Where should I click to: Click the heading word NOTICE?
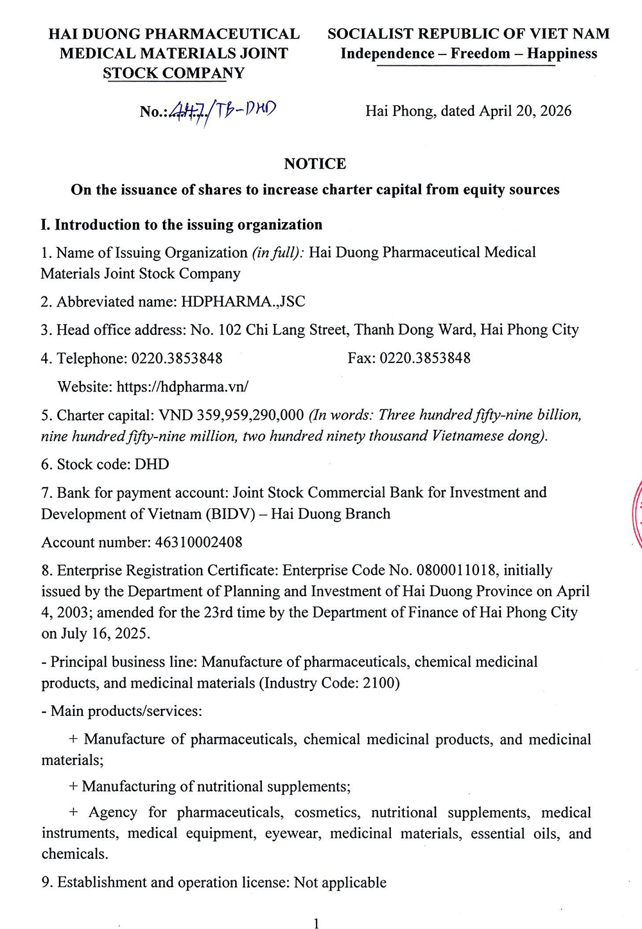(315, 164)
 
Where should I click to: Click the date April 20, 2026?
(525, 111)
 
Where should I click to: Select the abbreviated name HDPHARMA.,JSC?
(243, 302)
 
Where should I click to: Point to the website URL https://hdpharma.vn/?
(182, 386)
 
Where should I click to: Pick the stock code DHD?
(152, 464)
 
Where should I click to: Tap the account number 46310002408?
(199, 542)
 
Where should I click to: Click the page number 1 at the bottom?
(315, 923)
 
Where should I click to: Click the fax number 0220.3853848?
(425, 358)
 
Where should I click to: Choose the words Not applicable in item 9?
(340, 883)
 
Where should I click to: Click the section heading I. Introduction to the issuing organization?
(181, 225)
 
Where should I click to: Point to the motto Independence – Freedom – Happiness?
(469, 53)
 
